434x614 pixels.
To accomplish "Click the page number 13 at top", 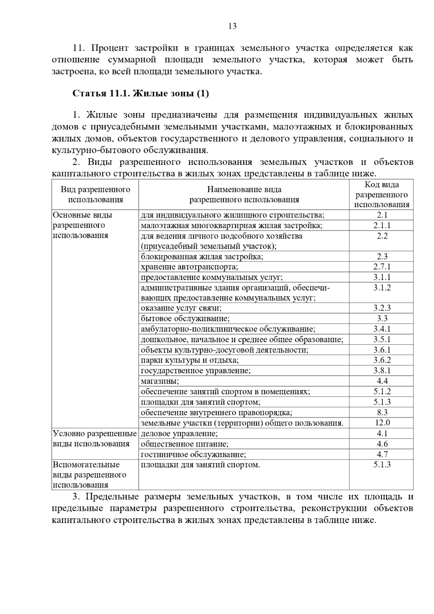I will pos(233,26).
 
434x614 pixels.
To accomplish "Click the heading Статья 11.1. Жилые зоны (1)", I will pos(141,94).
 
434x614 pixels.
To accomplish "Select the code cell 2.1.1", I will pos(382,225).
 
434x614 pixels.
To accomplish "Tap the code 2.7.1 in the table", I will pos(382,267).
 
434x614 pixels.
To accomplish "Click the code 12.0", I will pos(382,423).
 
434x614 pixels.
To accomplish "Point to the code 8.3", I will pos(382,412).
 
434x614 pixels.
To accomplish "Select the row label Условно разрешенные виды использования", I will pos(95,438).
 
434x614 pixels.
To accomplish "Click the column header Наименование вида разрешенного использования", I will pos(244,195).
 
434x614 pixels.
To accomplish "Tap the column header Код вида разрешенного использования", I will pos(382,195).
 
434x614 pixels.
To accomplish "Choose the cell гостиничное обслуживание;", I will pos(193,454).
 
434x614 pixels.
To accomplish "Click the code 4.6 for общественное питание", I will pos(382,444).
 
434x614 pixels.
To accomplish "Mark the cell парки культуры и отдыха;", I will pos(190,360).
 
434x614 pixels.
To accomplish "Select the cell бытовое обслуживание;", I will pos(185,319).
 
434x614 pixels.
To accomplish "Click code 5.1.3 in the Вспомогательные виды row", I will pos(382,465).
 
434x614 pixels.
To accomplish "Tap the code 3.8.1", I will pos(382,371).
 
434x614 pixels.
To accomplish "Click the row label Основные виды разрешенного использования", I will pos(82,225).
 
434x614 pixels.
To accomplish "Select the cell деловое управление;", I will pos(179,433).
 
